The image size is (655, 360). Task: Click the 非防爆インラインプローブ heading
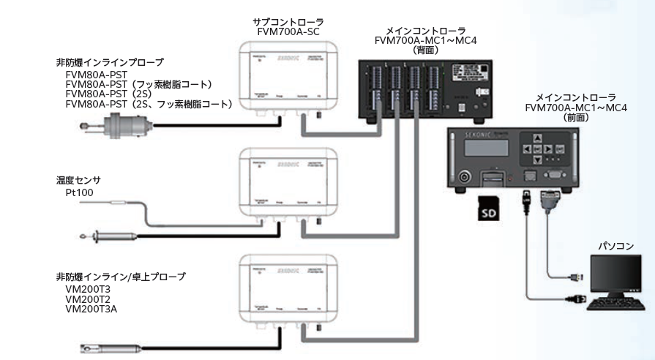tap(109, 62)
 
